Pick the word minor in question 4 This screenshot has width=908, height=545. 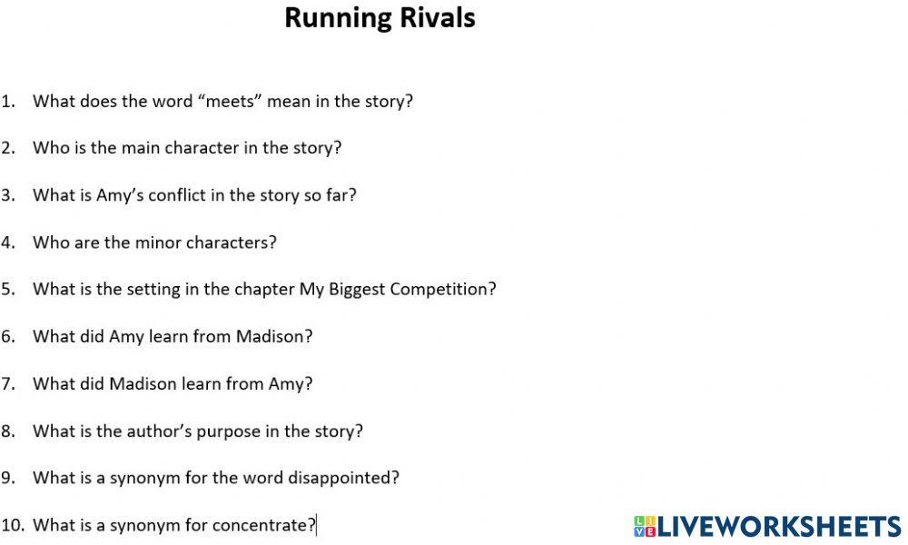click(x=160, y=243)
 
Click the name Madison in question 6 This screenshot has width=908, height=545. click(x=269, y=336)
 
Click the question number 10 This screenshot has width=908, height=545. click(x=12, y=525)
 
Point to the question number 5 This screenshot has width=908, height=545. click(x=8, y=290)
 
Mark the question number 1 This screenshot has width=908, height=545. click(x=8, y=101)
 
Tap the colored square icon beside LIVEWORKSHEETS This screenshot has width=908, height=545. click(x=644, y=526)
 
